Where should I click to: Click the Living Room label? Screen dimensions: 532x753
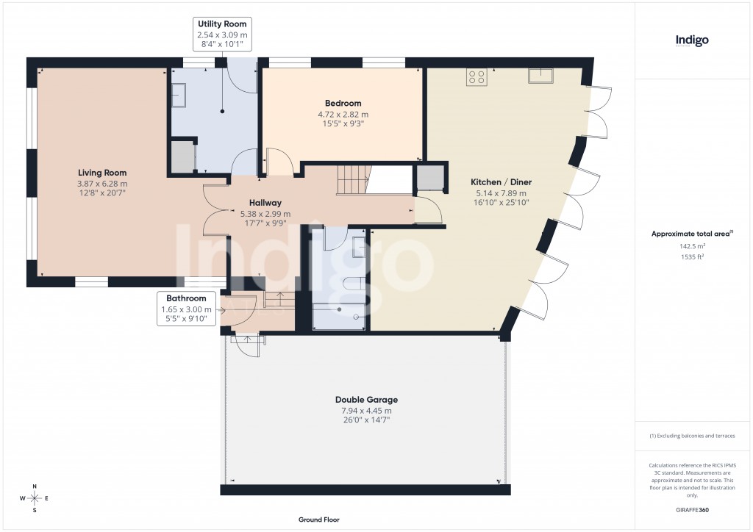(x=102, y=172)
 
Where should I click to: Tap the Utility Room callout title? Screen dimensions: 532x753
(x=221, y=24)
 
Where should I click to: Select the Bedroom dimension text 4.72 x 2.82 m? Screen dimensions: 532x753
(x=343, y=115)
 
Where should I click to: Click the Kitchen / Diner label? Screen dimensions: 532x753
(x=501, y=181)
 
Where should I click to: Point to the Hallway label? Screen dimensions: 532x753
(x=265, y=203)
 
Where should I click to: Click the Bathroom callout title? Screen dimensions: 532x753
(x=186, y=298)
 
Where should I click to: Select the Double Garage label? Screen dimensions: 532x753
(x=366, y=400)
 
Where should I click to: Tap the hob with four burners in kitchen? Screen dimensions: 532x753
(x=476, y=77)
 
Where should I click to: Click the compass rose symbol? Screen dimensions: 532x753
(x=35, y=498)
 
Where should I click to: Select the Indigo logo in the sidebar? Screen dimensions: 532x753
(x=692, y=41)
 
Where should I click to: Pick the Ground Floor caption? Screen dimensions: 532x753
(x=319, y=520)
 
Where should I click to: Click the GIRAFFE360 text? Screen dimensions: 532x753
(x=692, y=509)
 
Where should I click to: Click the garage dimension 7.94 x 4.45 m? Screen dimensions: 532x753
(x=366, y=411)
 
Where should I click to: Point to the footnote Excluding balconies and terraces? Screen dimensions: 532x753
(x=692, y=436)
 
